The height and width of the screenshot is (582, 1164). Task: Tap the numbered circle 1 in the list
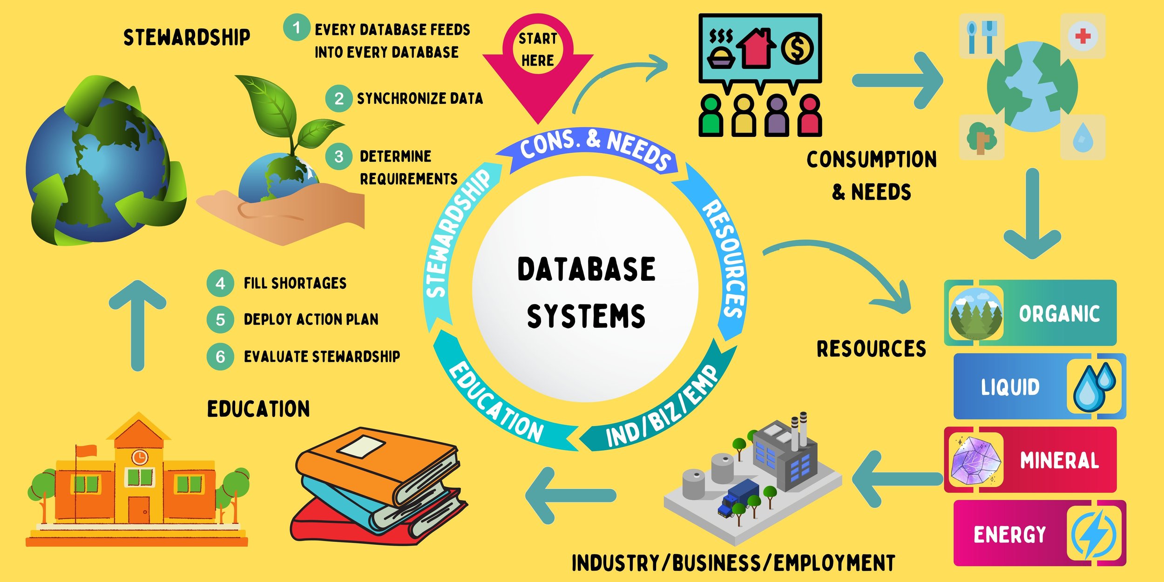pos(297,27)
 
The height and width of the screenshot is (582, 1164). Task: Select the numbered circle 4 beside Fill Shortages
pos(220,283)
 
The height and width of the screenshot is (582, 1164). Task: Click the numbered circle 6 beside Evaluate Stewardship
pos(220,357)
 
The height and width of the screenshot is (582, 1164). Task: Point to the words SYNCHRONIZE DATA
pos(420,98)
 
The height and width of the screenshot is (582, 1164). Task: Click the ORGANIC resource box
pos(1030,313)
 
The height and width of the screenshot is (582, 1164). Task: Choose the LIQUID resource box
pos(1039,386)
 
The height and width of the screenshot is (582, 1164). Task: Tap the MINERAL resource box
pos(1030,460)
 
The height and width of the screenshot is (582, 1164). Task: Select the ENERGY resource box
pos(1039,534)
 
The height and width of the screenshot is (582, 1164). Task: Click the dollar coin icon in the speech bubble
pos(797,48)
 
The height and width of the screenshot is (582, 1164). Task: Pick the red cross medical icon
pos(1083,36)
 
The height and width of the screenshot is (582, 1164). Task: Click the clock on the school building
pos(139,457)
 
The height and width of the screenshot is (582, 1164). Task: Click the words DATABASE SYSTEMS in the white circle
pos(586,292)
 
